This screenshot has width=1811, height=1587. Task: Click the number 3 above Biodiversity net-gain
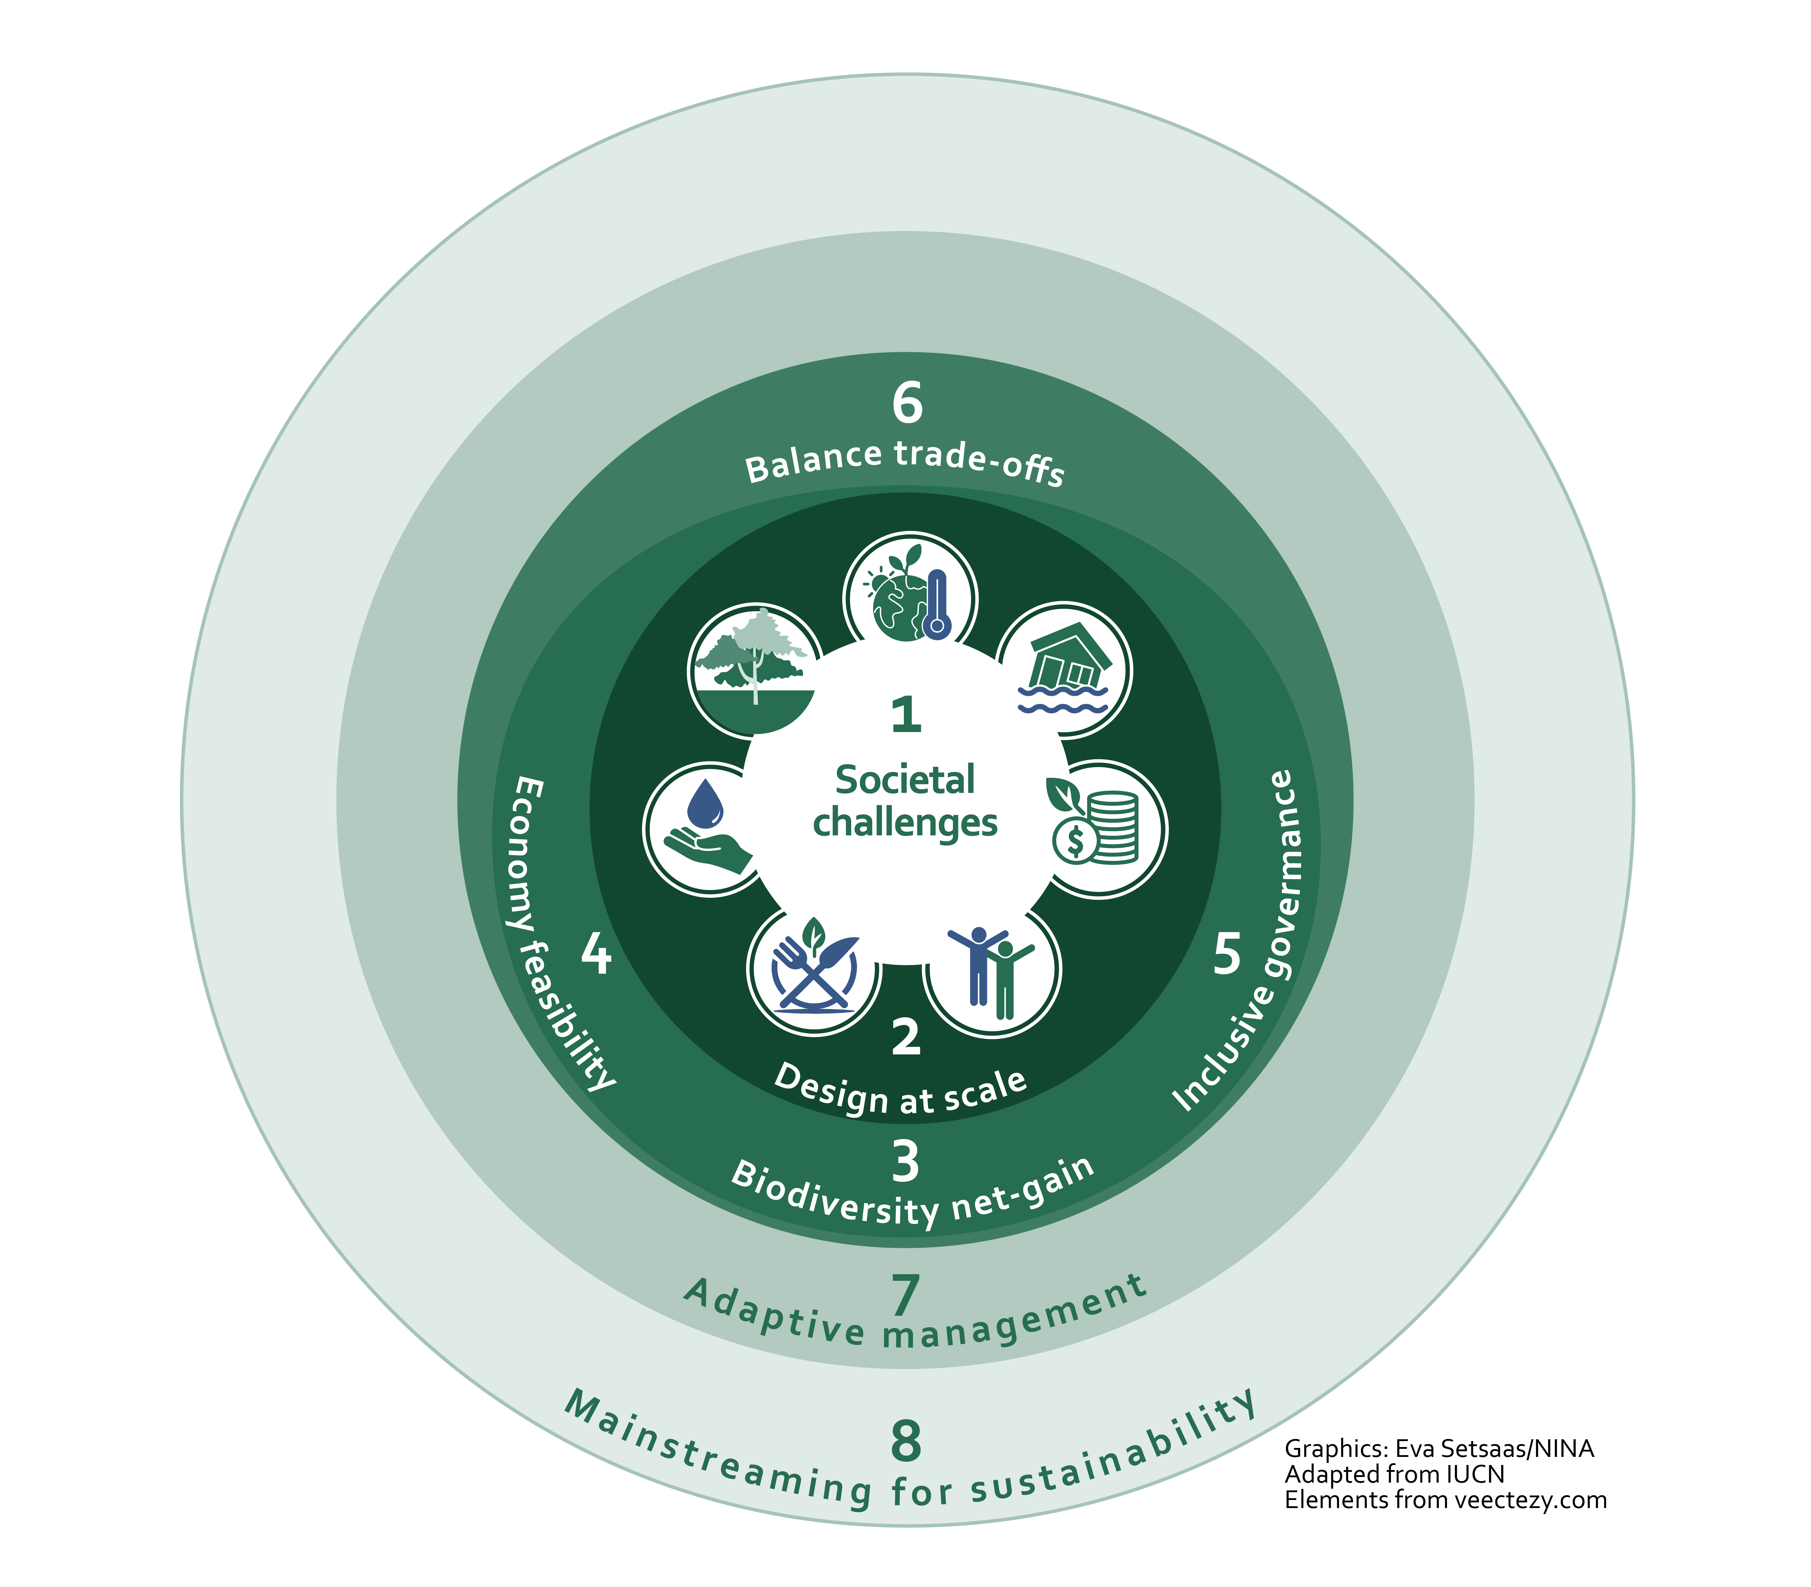click(905, 1162)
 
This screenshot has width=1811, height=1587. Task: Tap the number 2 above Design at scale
click(905, 1036)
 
